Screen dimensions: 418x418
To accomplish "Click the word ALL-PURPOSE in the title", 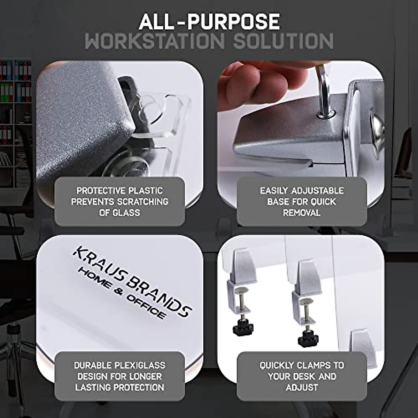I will click(x=209, y=22).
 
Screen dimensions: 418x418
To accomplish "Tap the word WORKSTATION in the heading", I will click(x=154, y=41).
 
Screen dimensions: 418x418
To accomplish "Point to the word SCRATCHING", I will click(x=143, y=202).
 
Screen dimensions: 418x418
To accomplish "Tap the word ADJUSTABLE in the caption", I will click(x=317, y=191).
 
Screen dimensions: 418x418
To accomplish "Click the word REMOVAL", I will click(x=302, y=212).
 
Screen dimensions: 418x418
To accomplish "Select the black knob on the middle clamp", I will click(x=308, y=338).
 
